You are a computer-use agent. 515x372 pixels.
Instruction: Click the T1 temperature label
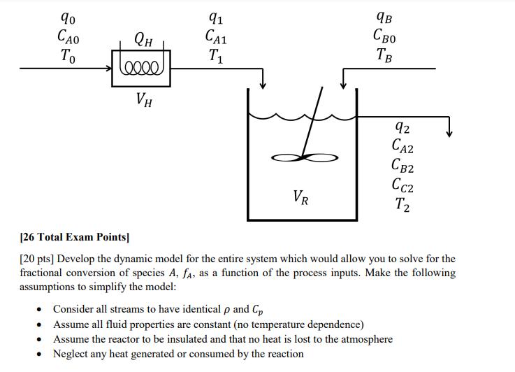pos(216,56)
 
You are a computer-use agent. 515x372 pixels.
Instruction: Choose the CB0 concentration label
pos(384,36)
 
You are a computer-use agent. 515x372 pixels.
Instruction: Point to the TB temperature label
pos(384,56)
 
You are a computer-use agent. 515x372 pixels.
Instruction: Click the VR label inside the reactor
pos(300,198)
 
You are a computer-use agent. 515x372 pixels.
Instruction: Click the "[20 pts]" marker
pos(36,259)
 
